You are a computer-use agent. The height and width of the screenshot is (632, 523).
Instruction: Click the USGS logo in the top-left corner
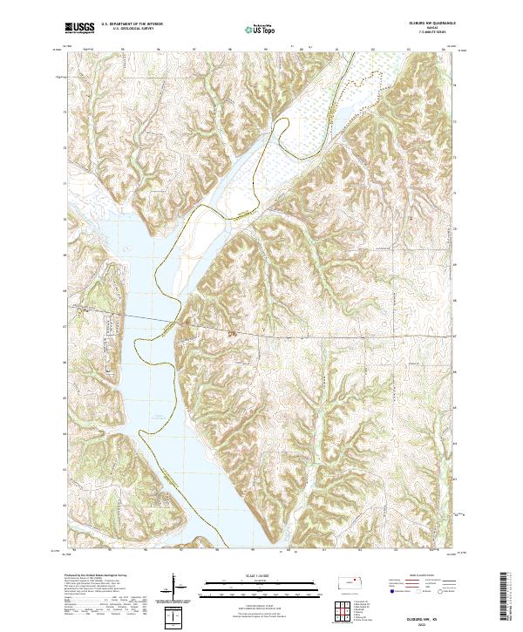point(79,28)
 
